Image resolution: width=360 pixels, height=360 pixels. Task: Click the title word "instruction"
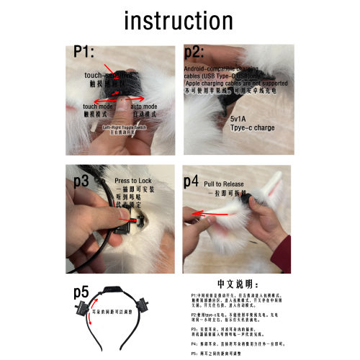(180, 21)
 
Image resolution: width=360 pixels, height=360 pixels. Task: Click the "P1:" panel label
(88, 53)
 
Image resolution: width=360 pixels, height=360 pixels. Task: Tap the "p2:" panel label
(196, 53)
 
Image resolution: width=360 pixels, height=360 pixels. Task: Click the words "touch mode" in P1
(99, 106)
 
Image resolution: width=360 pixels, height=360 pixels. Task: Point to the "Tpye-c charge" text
(253, 127)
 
